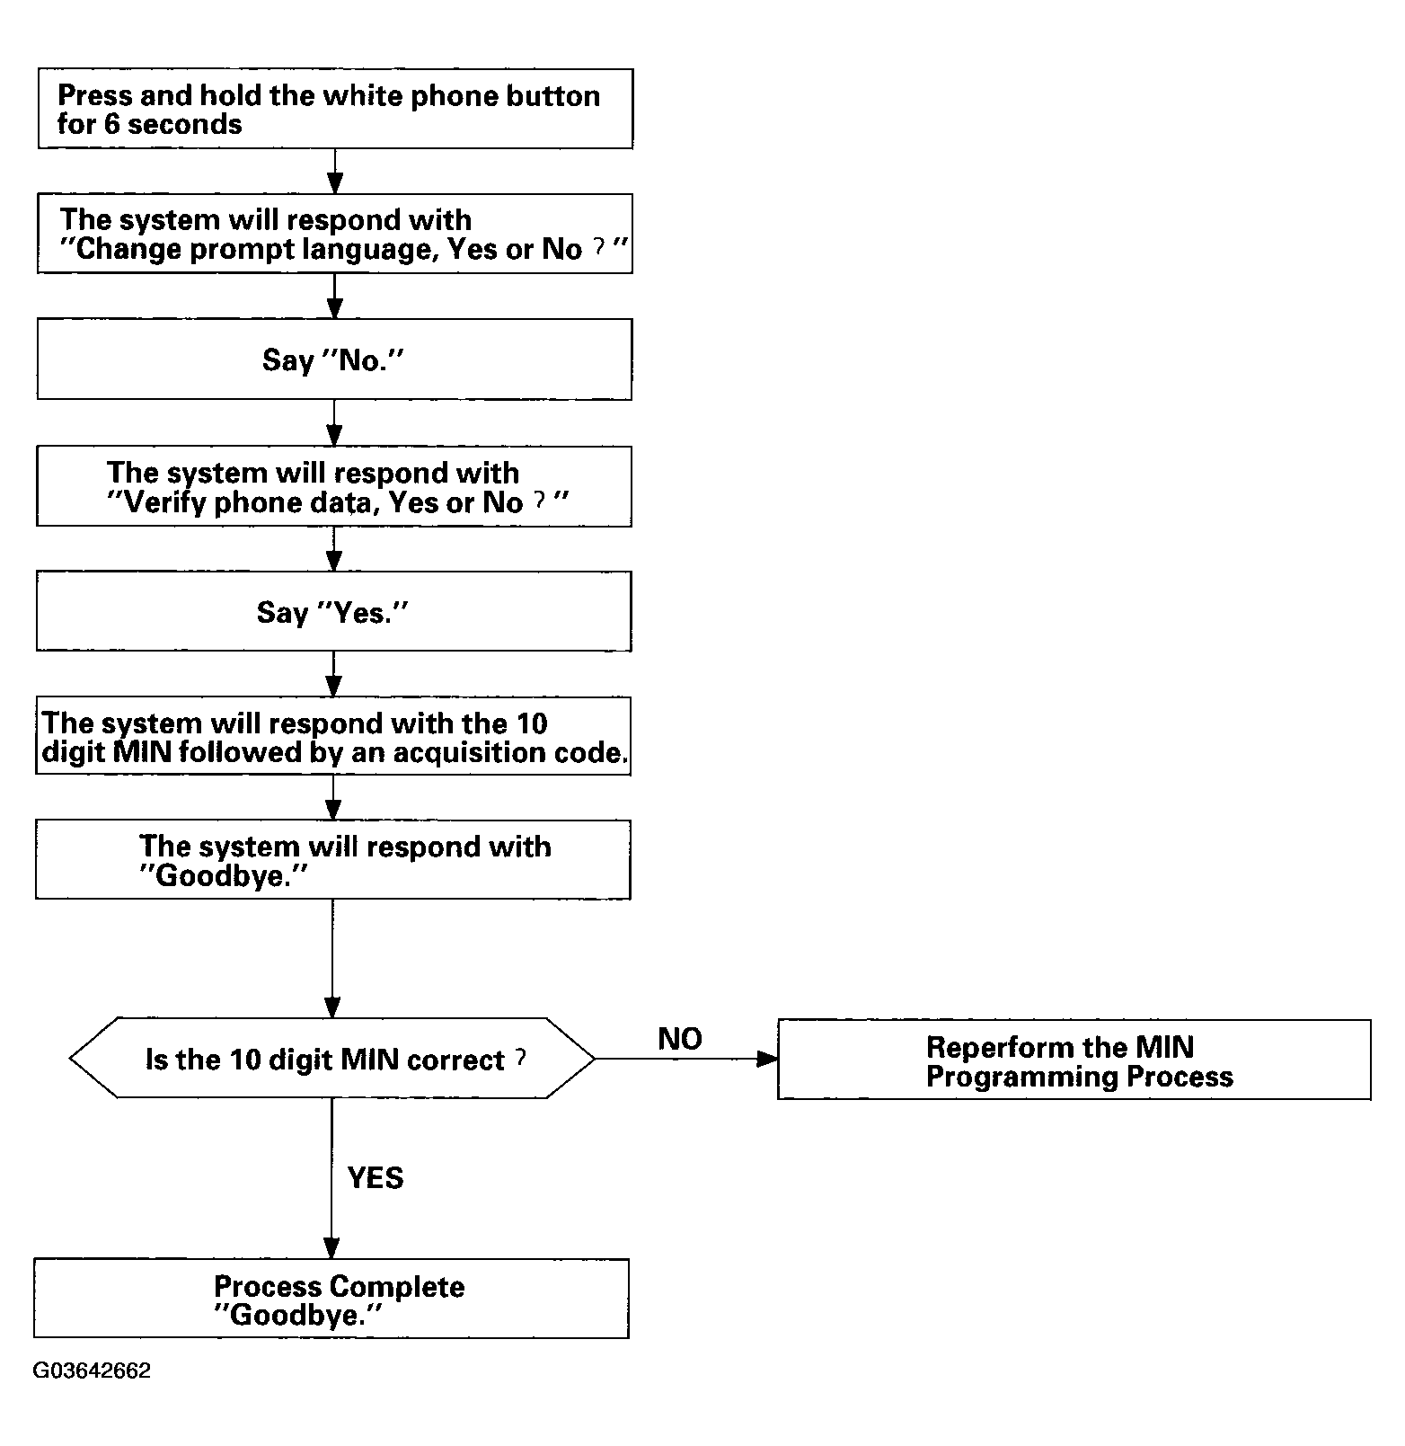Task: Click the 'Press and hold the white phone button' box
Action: coord(335,109)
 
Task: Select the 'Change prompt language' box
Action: coord(334,234)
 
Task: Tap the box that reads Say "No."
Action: coord(334,359)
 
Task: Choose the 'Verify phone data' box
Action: coord(334,486)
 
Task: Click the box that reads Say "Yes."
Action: coord(334,611)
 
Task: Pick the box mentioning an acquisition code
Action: coord(333,736)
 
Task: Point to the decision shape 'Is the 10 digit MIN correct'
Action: coord(332,1058)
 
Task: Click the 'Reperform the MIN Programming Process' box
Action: coord(1074,1060)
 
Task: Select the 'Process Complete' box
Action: coord(331,1299)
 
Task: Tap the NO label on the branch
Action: coord(680,1039)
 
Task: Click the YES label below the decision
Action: coord(376,1178)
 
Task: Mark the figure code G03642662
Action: coord(92,1371)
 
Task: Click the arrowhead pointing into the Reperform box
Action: coord(767,1059)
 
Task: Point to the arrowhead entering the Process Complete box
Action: coord(331,1248)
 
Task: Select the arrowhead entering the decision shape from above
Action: coord(332,1007)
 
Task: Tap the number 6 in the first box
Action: coord(111,124)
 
